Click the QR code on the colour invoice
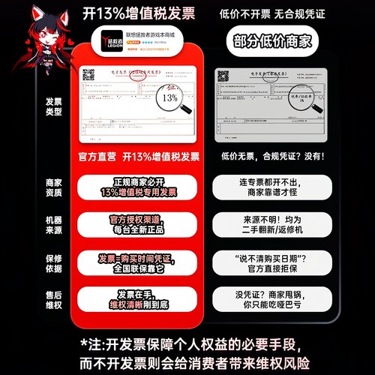pos(89,76)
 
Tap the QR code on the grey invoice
pos(222,75)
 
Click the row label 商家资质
pos(54,187)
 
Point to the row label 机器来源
pos(54,224)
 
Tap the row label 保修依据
pos(54,262)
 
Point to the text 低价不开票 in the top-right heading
pos(242,12)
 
